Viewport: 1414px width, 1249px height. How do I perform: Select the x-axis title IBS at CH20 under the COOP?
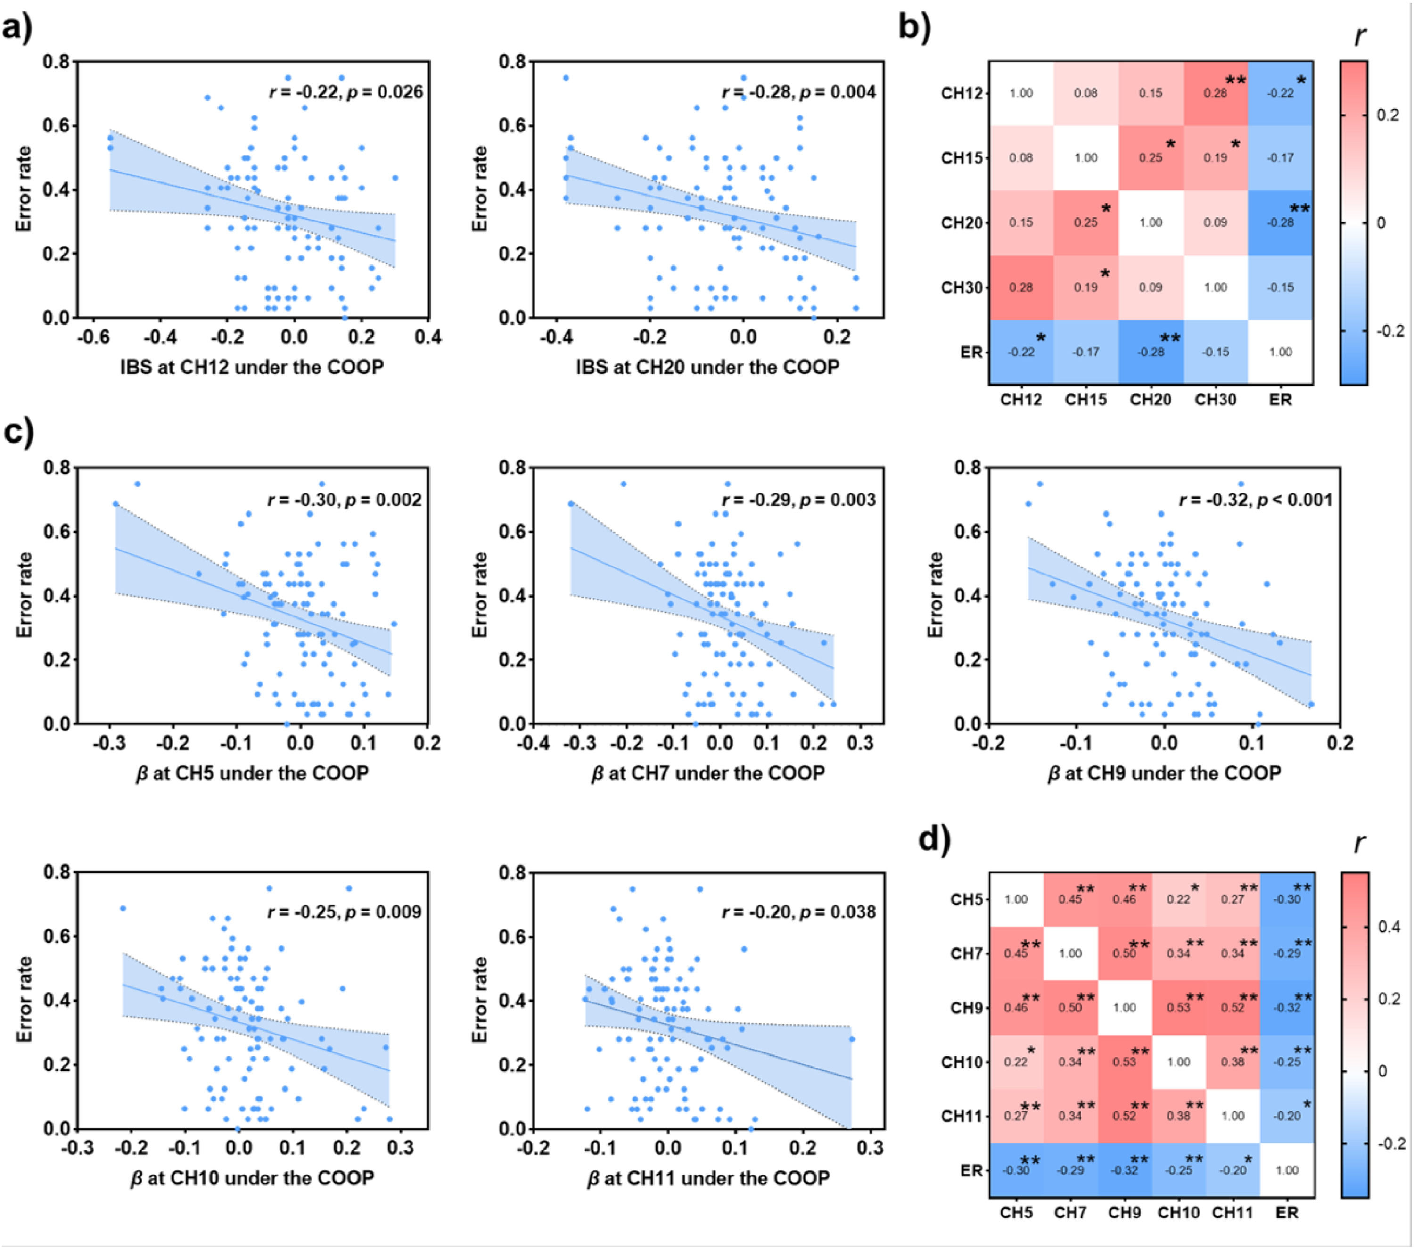pyautogui.click(x=707, y=367)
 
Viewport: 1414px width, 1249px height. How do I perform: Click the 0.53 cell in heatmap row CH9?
pyautogui.click(x=1179, y=1008)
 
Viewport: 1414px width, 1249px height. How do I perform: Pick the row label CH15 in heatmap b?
pyautogui.click(x=962, y=158)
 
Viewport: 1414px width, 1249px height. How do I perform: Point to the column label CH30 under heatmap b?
pyautogui.click(x=1216, y=399)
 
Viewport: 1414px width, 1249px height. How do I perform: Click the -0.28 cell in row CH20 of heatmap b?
pyautogui.click(x=1281, y=222)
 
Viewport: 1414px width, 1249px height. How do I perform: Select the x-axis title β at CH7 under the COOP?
pyautogui.click(x=707, y=772)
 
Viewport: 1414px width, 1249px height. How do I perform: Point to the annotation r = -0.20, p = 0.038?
pyautogui.click(x=799, y=912)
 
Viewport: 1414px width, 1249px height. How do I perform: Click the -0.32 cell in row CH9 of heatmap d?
pyautogui.click(x=1287, y=1008)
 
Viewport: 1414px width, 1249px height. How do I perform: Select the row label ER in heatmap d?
pyautogui.click(x=972, y=1171)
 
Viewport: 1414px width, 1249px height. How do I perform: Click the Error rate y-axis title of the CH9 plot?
pyautogui.click(x=936, y=595)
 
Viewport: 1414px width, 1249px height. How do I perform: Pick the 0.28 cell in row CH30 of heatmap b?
pyautogui.click(x=1021, y=287)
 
